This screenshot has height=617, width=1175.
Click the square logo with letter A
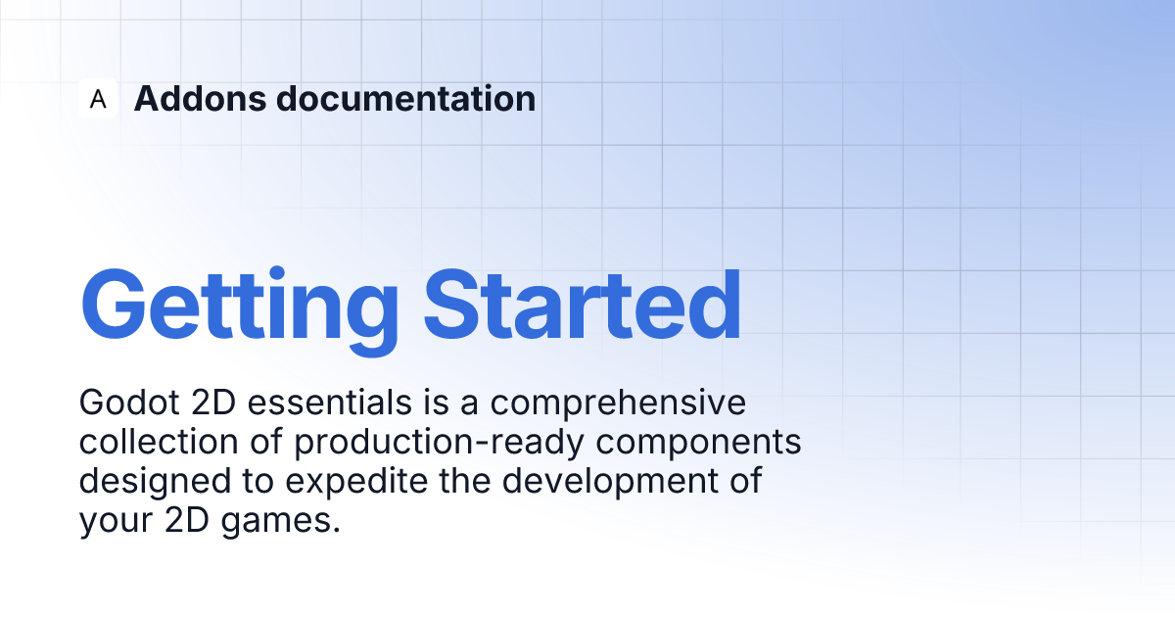pos(98,98)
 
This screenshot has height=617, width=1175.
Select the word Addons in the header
pos(201,98)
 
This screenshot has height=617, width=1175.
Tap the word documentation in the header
pos(406,98)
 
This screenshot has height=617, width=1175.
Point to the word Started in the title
pos(583,306)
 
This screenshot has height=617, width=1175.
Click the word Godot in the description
pos(129,403)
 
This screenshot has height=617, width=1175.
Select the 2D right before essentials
pos(213,403)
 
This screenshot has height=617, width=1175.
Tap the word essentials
pos(330,403)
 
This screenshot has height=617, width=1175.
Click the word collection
pos(159,442)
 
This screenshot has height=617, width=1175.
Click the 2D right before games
pos(187,519)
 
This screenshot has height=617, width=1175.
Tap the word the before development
pos(465,481)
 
